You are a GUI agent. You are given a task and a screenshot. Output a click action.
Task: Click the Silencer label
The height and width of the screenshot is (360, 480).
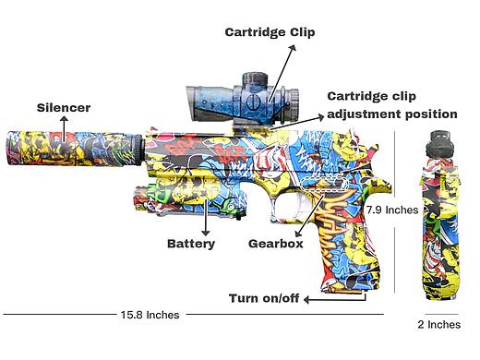click(x=64, y=108)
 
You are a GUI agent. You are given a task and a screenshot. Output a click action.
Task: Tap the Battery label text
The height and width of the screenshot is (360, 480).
click(x=191, y=244)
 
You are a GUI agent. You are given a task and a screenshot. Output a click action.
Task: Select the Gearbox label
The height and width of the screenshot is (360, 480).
click(x=276, y=244)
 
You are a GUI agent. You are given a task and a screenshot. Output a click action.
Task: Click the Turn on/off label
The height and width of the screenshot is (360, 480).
click(x=264, y=298)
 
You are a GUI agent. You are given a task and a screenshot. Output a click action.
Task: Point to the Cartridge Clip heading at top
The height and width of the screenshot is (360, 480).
click(x=270, y=32)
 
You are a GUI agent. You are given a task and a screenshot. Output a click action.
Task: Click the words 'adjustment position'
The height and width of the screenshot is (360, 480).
click(x=392, y=114)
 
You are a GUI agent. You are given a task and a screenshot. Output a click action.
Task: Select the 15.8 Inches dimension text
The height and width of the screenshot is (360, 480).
click(x=150, y=315)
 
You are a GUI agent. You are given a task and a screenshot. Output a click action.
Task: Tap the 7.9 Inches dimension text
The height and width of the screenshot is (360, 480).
click(x=392, y=210)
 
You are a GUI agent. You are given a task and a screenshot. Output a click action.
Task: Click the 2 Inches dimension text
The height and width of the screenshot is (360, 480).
click(x=439, y=324)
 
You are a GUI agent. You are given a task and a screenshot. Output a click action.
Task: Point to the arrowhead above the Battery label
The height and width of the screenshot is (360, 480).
click(x=206, y=233)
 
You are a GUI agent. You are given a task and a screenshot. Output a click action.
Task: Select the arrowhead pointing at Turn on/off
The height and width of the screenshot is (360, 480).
click(x=306, y=299)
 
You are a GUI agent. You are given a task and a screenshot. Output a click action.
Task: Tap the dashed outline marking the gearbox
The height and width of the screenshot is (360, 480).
click(x=324, y=185)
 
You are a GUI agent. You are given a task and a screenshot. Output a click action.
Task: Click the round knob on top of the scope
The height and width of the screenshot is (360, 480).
click(x=255, y=78)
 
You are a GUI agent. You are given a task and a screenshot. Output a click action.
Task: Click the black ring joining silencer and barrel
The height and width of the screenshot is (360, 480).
click(x=138, y=150)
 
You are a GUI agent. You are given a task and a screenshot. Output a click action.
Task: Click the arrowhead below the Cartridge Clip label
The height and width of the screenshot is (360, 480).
click(x=293, y=48)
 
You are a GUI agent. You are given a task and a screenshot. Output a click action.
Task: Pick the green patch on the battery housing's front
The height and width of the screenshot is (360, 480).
click(x=156, y=192)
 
